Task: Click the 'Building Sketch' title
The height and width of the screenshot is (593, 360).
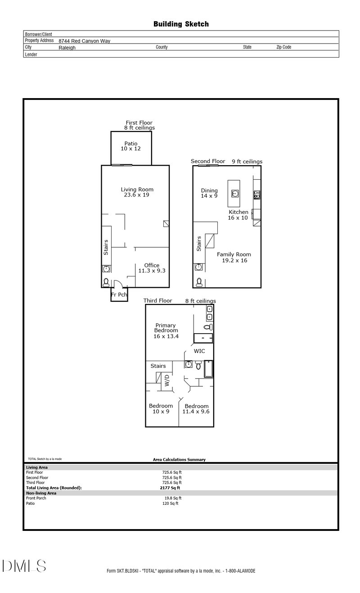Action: (x=181, y=24)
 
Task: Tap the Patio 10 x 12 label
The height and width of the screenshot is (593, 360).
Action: (x=131, y=146)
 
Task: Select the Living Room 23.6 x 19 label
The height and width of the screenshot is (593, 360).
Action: (x=137, y=192)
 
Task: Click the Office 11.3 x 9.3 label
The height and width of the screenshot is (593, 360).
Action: (x=152, y=268)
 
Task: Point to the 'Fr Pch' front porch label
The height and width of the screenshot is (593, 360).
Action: (x=119, y=295)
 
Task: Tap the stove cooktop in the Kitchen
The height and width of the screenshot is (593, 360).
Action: (x=257, y=195)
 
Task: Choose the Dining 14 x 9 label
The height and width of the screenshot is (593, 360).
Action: (x=209, y=193)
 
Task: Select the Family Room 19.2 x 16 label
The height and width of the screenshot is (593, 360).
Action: (x=234, y=257)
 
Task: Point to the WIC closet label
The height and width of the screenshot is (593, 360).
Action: (x=200, y=350)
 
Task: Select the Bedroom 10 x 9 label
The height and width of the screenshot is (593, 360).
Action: (x=161, y=408)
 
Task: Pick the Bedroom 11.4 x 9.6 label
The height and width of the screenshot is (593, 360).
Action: (x=196, y=408)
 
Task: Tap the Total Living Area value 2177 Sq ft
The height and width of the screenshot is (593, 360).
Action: (x=170, y=488)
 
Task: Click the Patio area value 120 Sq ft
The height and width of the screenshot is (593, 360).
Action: (x=170, y=503)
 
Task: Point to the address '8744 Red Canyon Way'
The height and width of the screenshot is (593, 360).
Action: (x=84, y=41)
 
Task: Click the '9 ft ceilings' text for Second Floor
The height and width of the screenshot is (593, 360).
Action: (x=247, y=161)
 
